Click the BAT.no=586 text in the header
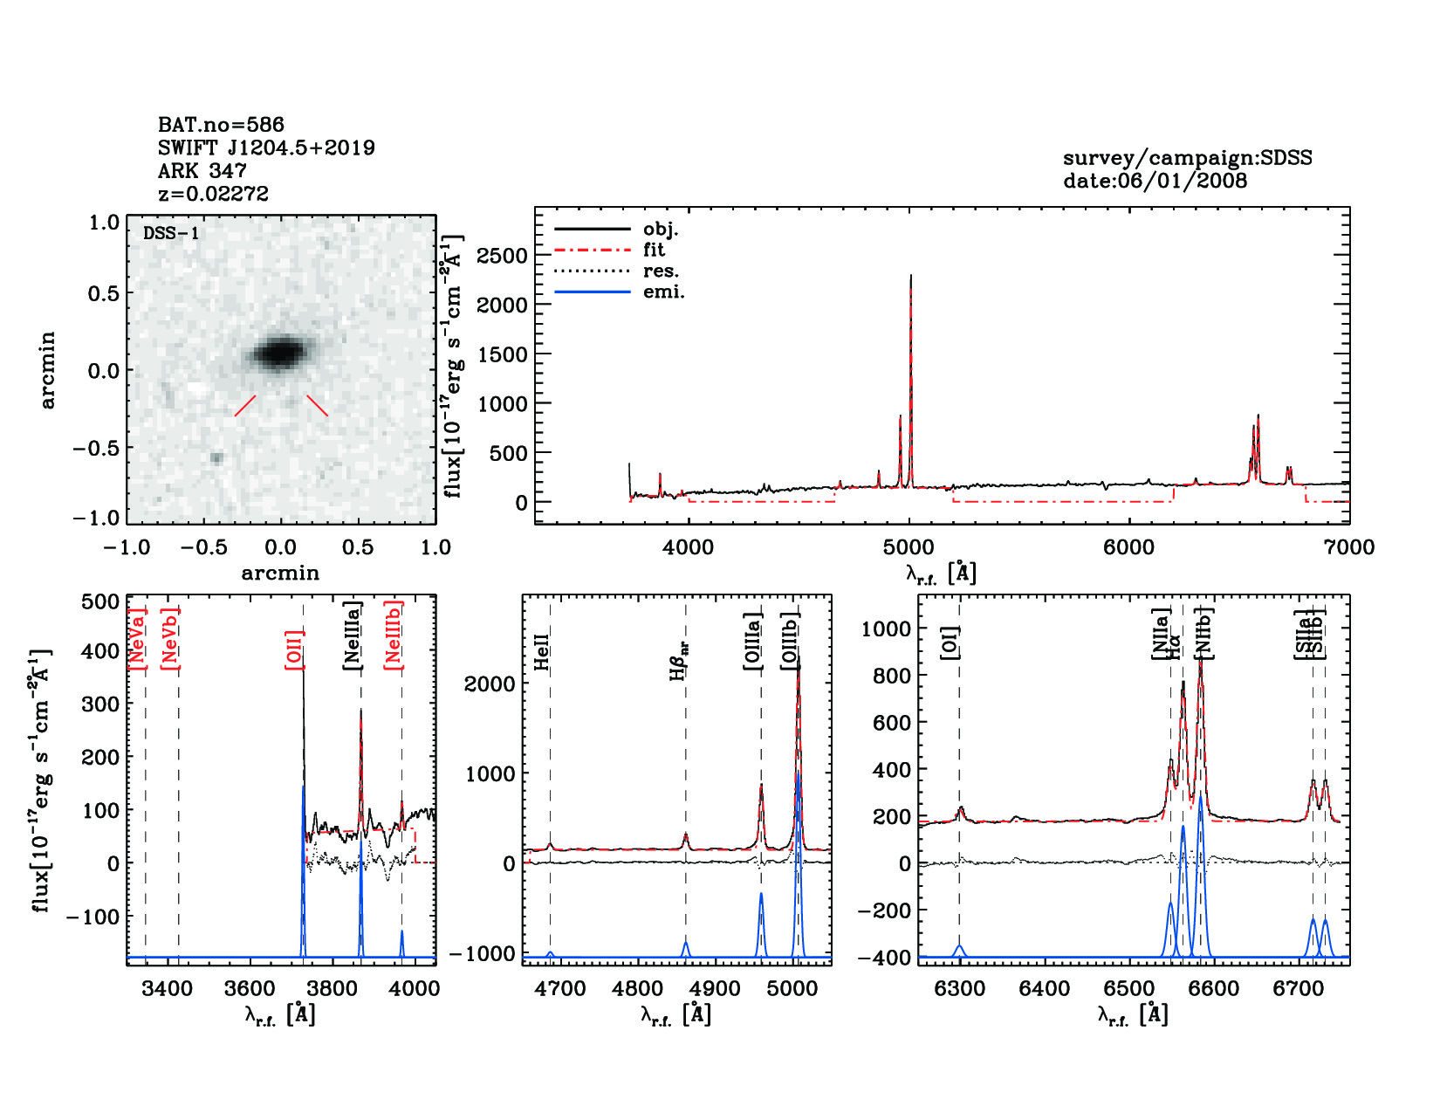[221, 125]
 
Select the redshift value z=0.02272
[213, 194]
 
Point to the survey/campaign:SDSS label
[1187, 158]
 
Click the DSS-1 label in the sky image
[171, 233]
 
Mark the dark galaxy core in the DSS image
[279, 353]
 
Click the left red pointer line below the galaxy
[245, 405]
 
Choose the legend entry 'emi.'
[663, 292]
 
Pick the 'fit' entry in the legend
[654, 250]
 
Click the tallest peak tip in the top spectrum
[910, 276]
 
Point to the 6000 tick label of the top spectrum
[1128, 547]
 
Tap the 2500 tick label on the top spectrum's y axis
[502, 256]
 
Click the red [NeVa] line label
[137, 639]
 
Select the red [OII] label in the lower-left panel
[294, 649]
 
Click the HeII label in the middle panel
[542, 652]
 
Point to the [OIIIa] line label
[752, 642]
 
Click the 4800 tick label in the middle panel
[638, 988]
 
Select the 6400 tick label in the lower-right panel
[1044, 988]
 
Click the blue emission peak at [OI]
[959, 946]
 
